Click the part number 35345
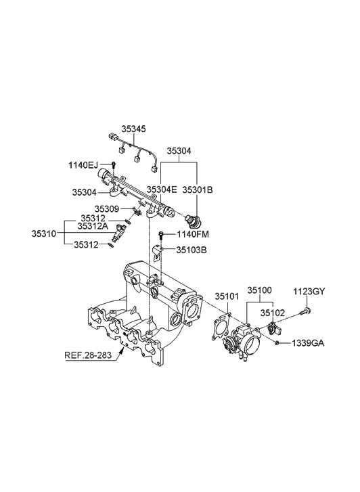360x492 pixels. [x=133, y=129]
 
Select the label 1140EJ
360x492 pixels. [x=83, y=164]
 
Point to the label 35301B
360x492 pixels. [x=199, y=190]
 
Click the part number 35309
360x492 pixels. [x=107, y=209]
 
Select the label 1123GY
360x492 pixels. [x=309, y=292]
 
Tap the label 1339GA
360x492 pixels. [x=308, y=343]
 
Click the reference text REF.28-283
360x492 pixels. [x=93, y=355]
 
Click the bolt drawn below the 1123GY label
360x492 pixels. [x=309, y=313]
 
